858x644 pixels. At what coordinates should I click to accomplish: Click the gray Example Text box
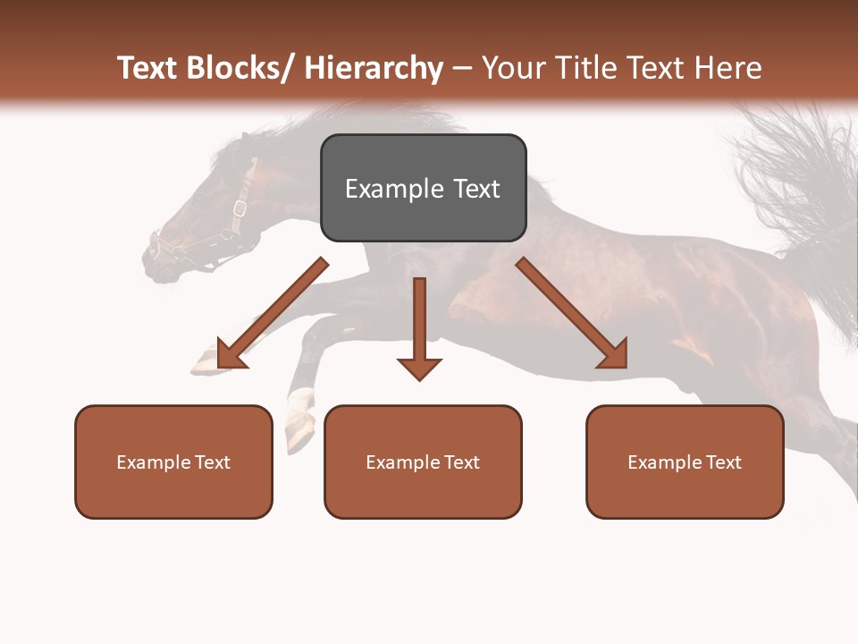pos(423,188)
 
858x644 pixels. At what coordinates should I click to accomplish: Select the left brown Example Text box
pos(173,462)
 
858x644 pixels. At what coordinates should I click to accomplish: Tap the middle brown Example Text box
pos(423,462)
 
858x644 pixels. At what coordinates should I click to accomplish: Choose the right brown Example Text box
pos(685,462)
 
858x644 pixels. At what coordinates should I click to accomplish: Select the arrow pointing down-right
pos(572,313)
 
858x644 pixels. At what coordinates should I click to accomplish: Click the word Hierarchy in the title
pos(374,68)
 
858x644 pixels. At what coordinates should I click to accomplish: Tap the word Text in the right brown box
pos(723,462)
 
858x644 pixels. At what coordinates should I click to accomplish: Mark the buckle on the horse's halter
pos(240,208)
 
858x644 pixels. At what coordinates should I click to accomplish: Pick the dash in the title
pos(461,68)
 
